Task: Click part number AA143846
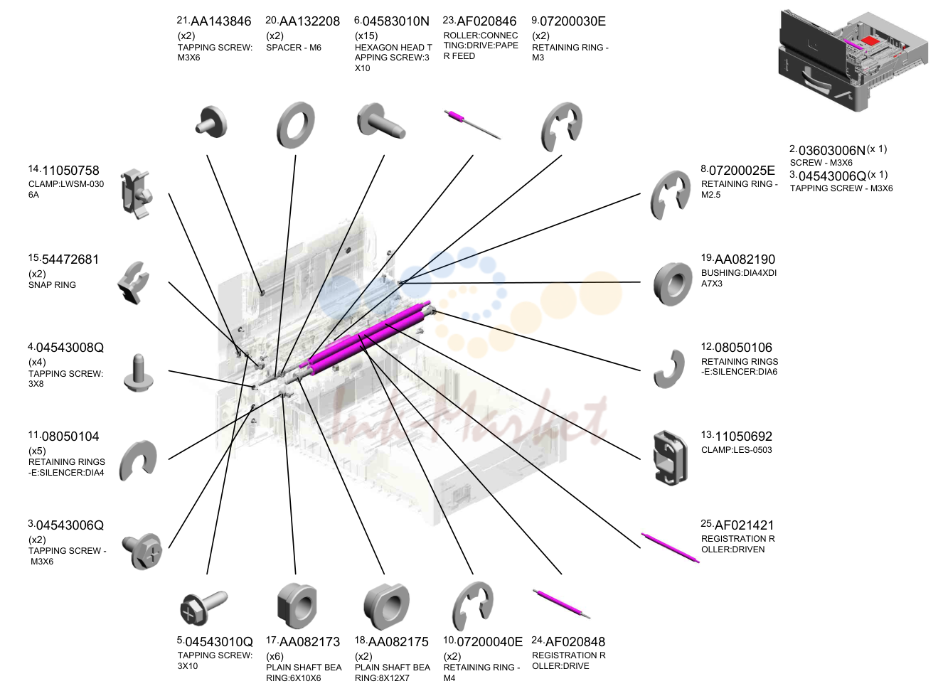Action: pos(220,21)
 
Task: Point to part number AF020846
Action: pos(486,21)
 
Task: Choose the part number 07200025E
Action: pos(742,171)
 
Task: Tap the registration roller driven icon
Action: pos(670,547)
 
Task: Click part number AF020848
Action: pos(575,642)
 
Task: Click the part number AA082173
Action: pos(309,642)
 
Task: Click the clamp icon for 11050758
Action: pos(136,194)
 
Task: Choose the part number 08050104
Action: pos(70,436)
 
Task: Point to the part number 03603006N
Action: pos(832,150)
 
